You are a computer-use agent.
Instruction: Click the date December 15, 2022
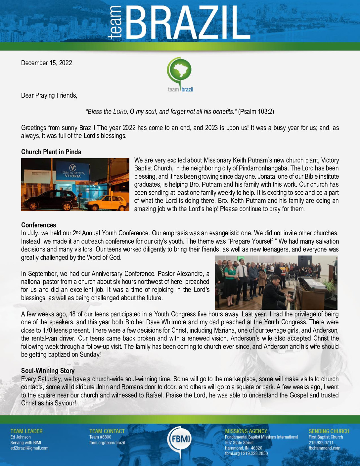pyautogui.click(x=46, y=63)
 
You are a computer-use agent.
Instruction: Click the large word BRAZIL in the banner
pyautogui.click(x=188, y=23)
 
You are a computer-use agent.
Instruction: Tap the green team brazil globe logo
pyautogui.click(x=180, y=71)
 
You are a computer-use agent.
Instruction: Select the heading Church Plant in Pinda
pyautogui.click(x=51, y=152)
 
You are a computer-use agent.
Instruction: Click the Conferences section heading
pyautogui.click(x=38, y=225)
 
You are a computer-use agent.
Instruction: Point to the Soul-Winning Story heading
pyautogui.click(x=48, y=371)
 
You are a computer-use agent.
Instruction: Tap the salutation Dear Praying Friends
pyautogui.click(x=49, y=95)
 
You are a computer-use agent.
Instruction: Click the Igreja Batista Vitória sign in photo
pyautogui.click(x=73, y=173)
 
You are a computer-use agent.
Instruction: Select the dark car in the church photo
pyautogui.click(x=50, y=200)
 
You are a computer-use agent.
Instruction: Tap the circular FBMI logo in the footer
pyautogui.click(x=180, y=439)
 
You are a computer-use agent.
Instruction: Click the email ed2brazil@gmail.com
pyautogui.click(x=29, y=448)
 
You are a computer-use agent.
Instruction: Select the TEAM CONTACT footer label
pyautogui.click(x=107, y=431)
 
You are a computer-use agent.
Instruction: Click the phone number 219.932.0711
pyautogui.click(x=321, y=443)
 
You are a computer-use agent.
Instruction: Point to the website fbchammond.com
pyautogui.click(x=324, y=448)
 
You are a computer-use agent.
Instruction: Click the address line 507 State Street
pyautogui.click(x=239, y=443)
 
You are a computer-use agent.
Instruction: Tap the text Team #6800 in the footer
pyautogui.click(x=100, y=437)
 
